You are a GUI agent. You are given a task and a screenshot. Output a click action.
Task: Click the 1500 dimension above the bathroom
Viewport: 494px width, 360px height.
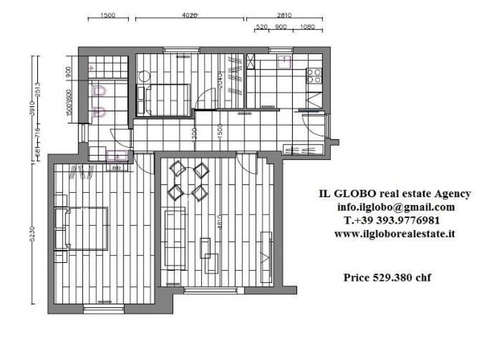(107, 15)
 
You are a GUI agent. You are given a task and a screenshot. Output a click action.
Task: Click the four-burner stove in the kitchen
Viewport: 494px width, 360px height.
(314, 76)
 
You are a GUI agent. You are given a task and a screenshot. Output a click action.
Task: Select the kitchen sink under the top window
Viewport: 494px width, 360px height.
(283, 61)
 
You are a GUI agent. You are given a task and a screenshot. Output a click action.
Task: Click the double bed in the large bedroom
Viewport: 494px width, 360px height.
(83, 228)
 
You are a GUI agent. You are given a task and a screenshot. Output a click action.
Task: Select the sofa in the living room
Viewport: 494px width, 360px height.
(174, 238)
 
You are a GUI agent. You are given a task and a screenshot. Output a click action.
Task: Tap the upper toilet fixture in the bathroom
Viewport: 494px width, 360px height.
(100, 92)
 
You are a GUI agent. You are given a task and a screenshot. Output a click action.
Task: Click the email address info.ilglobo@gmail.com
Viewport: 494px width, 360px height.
(395, 207)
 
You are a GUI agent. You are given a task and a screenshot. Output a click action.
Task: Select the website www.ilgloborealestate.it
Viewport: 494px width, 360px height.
(394, 234)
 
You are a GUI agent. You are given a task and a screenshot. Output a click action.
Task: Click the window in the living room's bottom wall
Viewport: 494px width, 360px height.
(207, 291)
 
